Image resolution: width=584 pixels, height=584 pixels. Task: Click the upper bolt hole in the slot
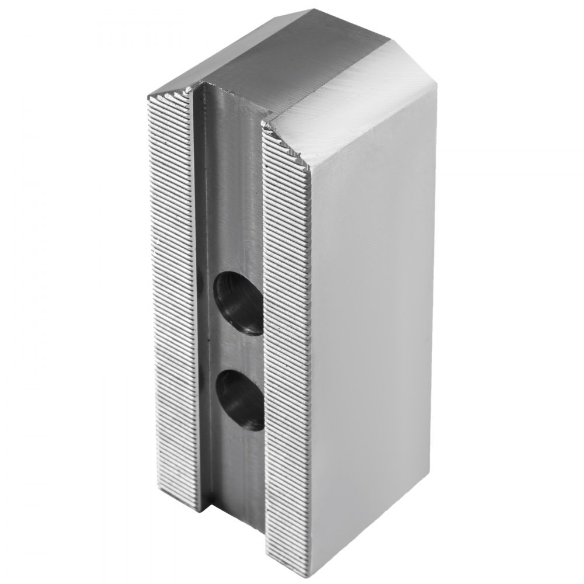click(x=239, y=304)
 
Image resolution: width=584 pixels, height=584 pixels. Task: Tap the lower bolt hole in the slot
click(x=240, y=401)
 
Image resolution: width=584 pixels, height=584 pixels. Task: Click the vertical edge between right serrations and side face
click(x=308, y=350)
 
